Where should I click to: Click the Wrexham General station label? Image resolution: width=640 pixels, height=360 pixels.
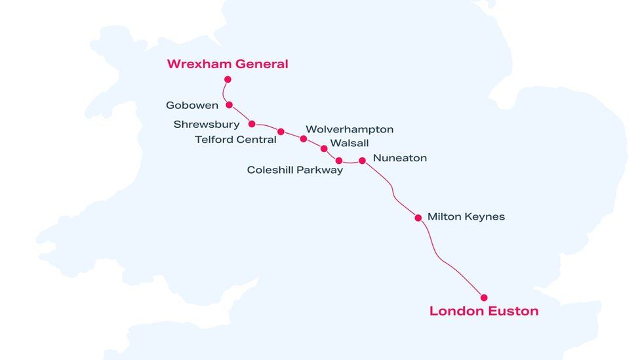[x=227, y=64]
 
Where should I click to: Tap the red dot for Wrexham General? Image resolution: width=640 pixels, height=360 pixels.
[x=228, y=79]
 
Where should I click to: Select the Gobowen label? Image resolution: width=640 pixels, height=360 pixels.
[x=192, y=106]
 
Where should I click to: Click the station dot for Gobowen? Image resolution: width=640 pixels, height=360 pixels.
[x=229, y=105]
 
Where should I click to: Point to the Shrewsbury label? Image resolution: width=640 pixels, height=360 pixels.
[x=207, y=125]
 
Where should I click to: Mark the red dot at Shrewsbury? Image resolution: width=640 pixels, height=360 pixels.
[x=252, y=124]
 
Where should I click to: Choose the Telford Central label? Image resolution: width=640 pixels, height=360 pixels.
[x=235, y=140]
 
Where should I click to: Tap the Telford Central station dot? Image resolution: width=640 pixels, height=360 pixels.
[x=281, y=132]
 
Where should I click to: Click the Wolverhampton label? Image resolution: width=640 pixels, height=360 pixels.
[x=350, y=130]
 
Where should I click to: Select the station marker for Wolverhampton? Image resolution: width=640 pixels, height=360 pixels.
[x=303, y=139]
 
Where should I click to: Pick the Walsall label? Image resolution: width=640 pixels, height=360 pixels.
[x=350, y=143]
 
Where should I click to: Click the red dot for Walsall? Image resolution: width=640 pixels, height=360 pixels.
[x=323, y=149]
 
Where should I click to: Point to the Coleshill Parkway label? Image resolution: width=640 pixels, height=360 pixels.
[x=294, y=170]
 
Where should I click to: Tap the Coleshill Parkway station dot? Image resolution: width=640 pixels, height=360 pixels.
[x=338, y=161]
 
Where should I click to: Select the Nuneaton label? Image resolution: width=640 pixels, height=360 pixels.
[x=399, y=158]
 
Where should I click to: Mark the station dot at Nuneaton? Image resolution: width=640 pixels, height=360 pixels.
[x=362, y=161]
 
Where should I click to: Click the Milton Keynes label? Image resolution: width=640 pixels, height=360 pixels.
[x=466, y=217]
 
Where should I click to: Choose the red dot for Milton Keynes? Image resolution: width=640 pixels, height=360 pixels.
[x=418, y=218]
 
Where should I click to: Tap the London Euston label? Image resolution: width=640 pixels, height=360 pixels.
[x=484, y=311]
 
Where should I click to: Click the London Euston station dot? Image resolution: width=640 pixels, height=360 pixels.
[x=484, y=298]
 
